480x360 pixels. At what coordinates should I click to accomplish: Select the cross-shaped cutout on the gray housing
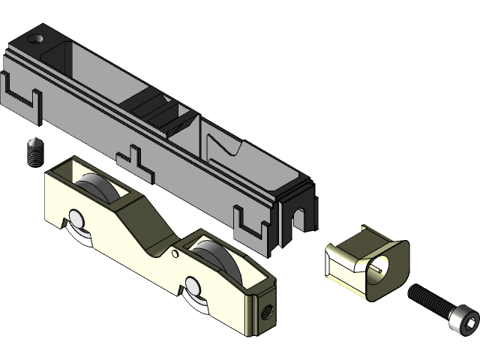[135, 159]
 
